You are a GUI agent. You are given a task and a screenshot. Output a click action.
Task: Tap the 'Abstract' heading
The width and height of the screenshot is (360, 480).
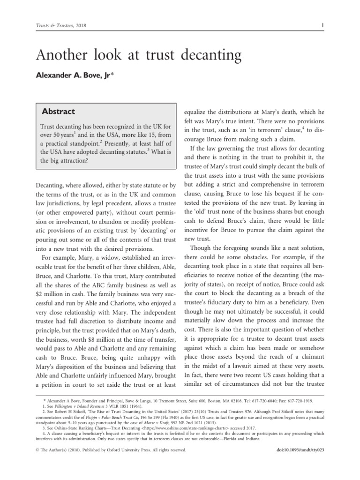59,112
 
